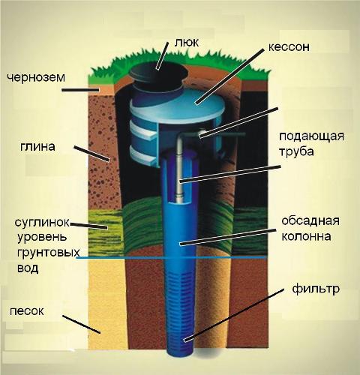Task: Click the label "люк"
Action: (x=187, y=42)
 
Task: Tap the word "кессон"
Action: (x=289, y=47)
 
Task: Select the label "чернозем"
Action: (x=36, y=78)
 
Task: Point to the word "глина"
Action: (x=37, y=146)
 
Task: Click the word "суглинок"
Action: (x=42, y=222)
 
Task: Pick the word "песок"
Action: (x=27, y=311)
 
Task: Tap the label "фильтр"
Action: (x=316, y=289)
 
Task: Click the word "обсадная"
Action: (x=310, y=220)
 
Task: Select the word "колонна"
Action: (x=307, y=236)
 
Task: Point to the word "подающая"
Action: (x=312, y=136)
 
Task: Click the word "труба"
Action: (x=296, y=152)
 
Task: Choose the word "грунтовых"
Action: (x=49, y=253)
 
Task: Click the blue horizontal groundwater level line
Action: (x=171, y=257)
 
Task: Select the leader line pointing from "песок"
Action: (x=82, y=324)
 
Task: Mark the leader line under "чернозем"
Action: (x=80, y=90)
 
